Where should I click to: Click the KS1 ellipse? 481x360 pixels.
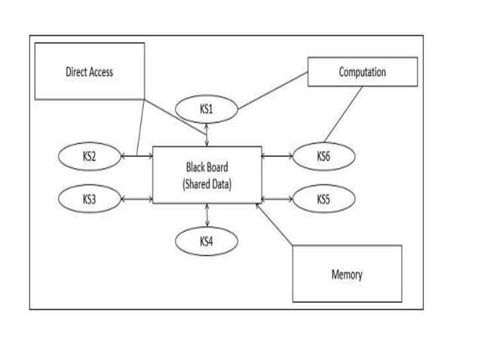pos(207,110)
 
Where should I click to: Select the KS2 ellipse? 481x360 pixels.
pos(89,157)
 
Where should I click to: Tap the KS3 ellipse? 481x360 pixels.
pos(89,200)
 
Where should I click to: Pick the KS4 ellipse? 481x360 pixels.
pos(207,241)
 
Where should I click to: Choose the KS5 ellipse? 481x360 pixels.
pos(323,200)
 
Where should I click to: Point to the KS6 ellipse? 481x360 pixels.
pos(323,157)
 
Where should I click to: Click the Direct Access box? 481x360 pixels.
pos(90,72)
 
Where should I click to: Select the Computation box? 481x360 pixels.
pos(362,72)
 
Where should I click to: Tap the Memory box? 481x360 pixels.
pos(347,274)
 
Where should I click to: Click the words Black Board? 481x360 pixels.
pos(207,166)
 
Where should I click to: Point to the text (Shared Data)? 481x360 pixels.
pos(207,185)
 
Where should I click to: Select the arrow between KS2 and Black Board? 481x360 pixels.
pos(136,157)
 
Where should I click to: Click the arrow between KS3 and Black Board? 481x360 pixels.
pos(136,200)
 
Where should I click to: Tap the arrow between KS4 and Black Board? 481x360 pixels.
pos(207,215)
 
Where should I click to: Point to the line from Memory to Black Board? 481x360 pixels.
pos(275,224)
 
